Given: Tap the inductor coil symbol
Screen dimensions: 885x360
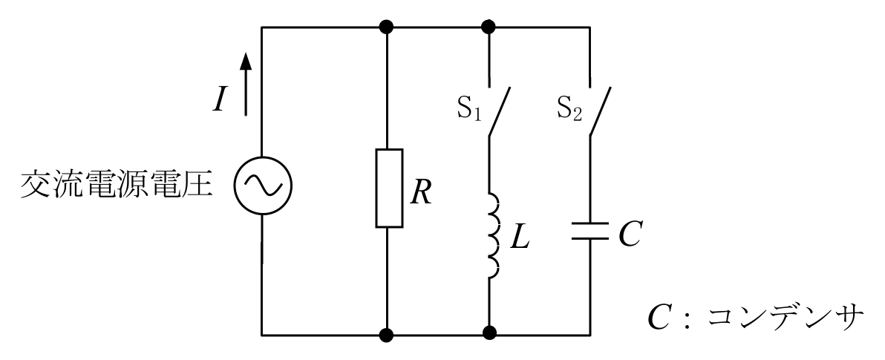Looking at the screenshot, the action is [494, 236].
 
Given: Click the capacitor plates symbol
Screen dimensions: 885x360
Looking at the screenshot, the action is [590, 231].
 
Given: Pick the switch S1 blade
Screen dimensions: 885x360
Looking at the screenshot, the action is [500, 111].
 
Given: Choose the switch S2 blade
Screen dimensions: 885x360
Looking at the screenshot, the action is [601, 111].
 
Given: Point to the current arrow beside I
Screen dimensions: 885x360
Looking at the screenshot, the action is [245, 84].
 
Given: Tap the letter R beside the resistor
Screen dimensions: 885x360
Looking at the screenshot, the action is [421, 193].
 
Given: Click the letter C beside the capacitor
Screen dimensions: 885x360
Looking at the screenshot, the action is [630, 234].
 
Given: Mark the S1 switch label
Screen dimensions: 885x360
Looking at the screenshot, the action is [468, 110].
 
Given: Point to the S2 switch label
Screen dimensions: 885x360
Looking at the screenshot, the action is [569, 110].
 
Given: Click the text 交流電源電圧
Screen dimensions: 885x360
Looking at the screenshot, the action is [117, 186].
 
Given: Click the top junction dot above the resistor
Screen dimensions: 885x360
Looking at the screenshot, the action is [387, 27].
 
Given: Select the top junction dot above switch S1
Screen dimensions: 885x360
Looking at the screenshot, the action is [489, 27].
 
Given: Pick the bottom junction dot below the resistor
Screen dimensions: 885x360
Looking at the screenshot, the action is [387, 335].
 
